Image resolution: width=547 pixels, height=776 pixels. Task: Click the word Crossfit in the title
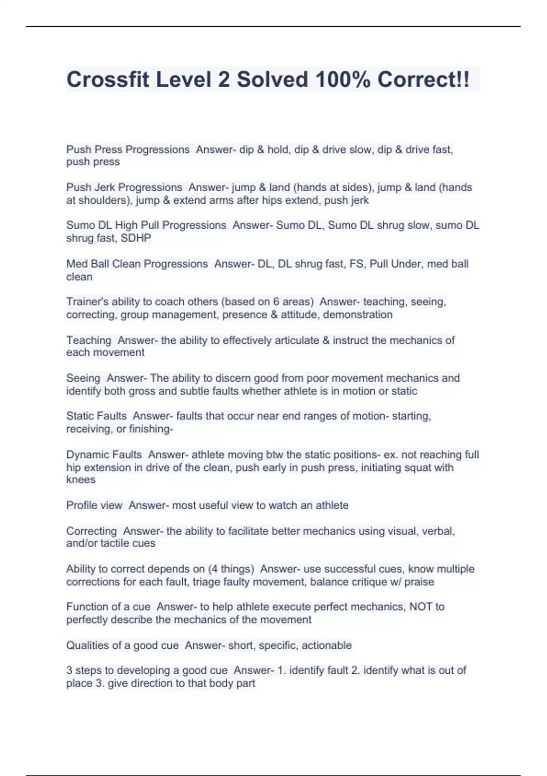tap(108, 79)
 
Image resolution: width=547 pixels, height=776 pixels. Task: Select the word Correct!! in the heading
tap(423, 79)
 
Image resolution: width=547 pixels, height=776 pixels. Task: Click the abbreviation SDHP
tap(136, 238)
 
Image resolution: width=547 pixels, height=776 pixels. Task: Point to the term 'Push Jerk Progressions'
tap(124, 187)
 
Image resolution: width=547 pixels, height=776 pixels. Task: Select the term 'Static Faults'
tap(96, 416)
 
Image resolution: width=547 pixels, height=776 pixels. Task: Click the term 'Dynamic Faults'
tap(104, 455)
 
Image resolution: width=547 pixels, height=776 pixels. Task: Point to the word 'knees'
tap(81, 480)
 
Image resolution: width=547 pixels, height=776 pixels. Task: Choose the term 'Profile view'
tap(94, 505)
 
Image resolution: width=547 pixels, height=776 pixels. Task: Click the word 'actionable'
tap(326, 645)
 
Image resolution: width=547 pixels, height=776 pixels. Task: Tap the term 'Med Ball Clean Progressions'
tap(137, 264)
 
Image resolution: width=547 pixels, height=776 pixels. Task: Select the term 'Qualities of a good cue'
tap(122, 645)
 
